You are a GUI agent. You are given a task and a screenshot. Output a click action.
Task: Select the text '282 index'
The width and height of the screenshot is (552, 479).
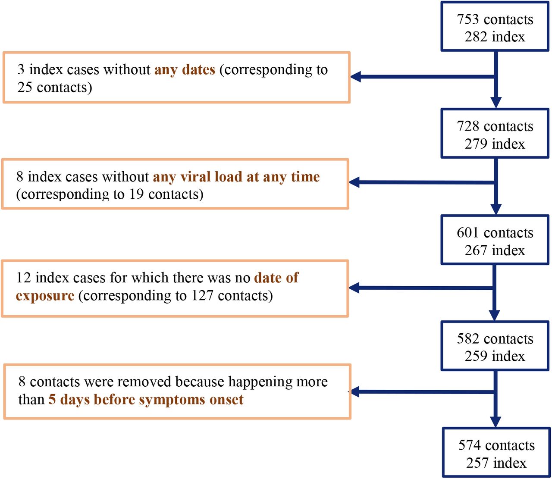click(x=495, y=37)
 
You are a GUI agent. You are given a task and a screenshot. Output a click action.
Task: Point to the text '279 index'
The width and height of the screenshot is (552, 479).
click(x=495, y=144)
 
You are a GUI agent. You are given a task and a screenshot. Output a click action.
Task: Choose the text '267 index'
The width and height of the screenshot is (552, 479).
click(x=495, y=250)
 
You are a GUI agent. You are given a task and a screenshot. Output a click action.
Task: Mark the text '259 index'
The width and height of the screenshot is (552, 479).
click(x=495, y=356)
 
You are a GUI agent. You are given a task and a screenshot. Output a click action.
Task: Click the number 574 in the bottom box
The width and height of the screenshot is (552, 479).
click(x=470, y=445)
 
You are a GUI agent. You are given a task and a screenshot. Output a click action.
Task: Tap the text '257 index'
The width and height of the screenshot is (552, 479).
click(x=496, y=463)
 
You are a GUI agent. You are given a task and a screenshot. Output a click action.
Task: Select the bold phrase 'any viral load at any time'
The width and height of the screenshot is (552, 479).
click(x=236, y=177)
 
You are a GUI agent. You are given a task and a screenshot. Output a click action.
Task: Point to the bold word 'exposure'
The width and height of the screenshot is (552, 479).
click(x=45, y=296)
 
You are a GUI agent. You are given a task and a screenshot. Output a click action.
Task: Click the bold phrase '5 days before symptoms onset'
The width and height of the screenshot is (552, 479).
click(x=146, y=399)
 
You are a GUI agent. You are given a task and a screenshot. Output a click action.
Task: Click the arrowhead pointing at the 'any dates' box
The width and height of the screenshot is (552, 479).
click(x=356, y=77)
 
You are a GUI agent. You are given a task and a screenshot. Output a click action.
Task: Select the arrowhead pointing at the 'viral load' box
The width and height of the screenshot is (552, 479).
click(x=354, y=182)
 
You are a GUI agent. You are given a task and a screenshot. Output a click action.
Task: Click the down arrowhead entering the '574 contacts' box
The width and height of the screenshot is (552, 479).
click(x=496, y=422)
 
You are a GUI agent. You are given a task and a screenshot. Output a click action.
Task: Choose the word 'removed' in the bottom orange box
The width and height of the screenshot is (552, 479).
click(x=145, y=382)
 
